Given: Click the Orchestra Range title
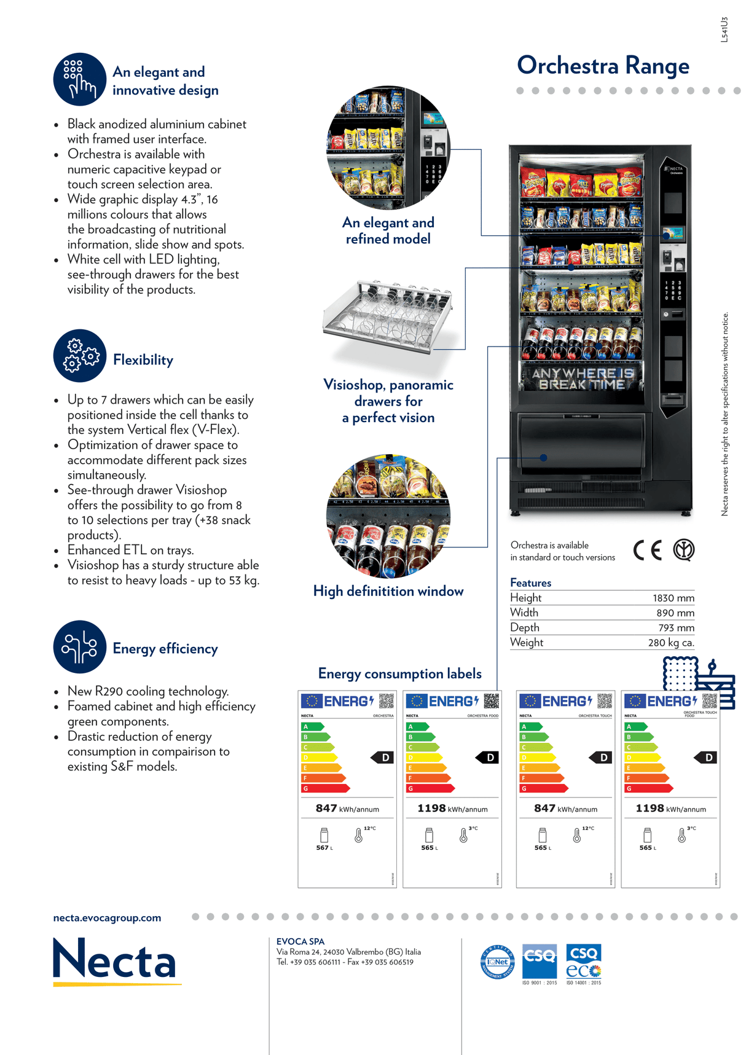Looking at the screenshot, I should click(x=603, y=66).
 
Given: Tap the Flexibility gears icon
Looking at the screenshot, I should click(x=80, y=356).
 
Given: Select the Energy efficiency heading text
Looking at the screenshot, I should click(x=165, y=649).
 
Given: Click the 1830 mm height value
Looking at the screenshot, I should click(x=673, y=598).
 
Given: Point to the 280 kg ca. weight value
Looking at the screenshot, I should click(x=671, y=643).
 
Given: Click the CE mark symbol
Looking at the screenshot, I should click(x=648, y=550).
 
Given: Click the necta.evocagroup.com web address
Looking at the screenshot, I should click(x=107, y=918).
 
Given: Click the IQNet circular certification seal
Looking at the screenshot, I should click(x=497, y=962).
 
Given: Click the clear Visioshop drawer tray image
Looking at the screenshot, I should click(x=388, y=317).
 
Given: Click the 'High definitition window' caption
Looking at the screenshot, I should click(x=388, y=591).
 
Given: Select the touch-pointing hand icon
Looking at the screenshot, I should click(x=80, y=79).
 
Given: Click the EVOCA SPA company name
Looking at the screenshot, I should click(x=300, y=941).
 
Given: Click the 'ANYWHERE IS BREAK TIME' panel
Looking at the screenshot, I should click(x=582, y=378).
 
